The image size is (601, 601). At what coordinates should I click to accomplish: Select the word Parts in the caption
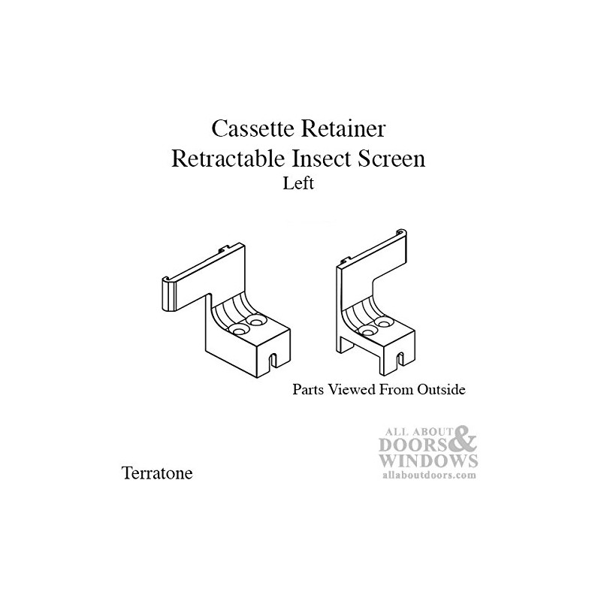point(308,390)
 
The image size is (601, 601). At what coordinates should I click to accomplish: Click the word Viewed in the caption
point(350,390)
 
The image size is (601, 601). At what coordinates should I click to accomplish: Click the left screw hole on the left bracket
point(240,329)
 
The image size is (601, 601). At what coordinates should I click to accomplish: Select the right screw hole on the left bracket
point(257,321)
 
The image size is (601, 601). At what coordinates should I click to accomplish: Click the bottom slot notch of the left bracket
point(273,359)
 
